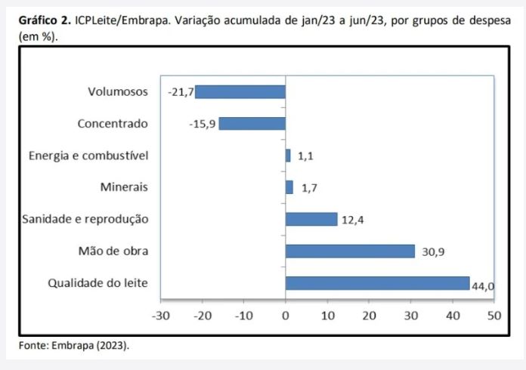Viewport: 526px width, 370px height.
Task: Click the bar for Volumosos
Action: coord(240,92)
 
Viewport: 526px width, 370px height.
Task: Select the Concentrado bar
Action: coord(252,124)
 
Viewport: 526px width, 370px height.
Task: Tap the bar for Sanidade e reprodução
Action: coord(311,219)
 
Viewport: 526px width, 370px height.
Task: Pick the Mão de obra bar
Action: coord(349,251)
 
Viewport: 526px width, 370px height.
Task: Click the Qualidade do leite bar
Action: coord(376,283)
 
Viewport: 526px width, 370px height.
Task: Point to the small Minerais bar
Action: coord(289,187)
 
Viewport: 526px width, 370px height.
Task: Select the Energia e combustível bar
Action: coord(288,156)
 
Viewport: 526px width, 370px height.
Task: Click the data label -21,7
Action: coord(181,92)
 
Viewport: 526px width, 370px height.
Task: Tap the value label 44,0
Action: coord(482,285)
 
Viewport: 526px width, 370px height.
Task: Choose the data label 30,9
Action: coord(433,252)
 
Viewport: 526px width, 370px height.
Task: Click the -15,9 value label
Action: coord(203,124)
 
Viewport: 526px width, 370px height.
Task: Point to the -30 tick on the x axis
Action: coord(160,314)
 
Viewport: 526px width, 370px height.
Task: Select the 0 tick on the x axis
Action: coord(285,314)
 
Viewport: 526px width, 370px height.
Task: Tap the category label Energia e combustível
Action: coord(88,156)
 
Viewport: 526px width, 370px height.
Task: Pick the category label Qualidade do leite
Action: coord(98,283)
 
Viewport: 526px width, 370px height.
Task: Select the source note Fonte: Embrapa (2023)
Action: coord(73,345)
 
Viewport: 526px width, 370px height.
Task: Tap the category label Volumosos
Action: coord(117,92)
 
